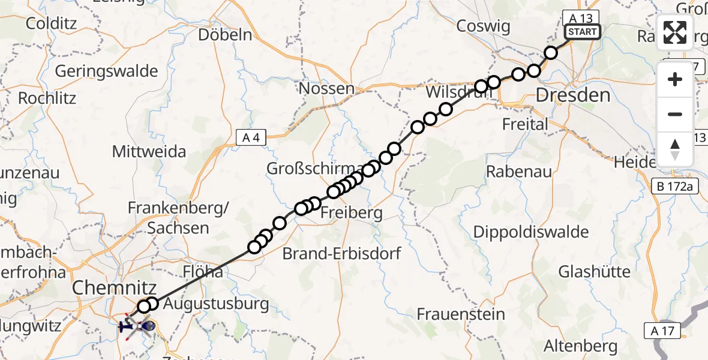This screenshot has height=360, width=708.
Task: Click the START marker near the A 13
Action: coord(581,32)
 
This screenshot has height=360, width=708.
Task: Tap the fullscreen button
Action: coord(675,32)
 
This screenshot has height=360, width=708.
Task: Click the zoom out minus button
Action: coord(675,114)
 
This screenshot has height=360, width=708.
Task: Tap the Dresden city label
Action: coord(573,95)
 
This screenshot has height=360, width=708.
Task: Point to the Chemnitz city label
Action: coord(114,288)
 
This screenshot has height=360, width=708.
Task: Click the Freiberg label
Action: coord(352,213)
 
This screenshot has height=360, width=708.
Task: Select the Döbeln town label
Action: coord(225,35)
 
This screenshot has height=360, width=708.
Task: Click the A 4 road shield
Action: coord(251,138)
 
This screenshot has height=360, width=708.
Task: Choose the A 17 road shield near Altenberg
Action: coord(662,329)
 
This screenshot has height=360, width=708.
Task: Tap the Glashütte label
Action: coord(595,272)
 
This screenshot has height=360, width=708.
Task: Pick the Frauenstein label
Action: coord(461,314)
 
